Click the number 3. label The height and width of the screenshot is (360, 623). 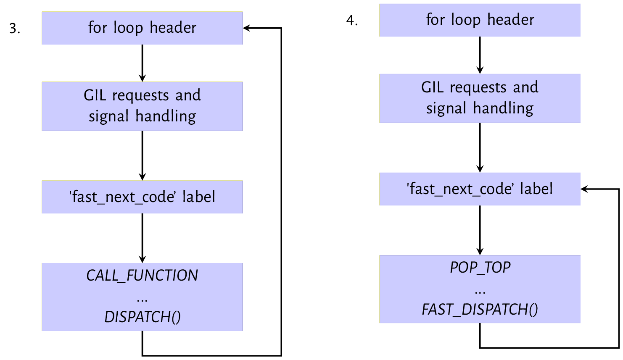[15, 29]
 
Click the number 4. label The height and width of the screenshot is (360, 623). [352, 20]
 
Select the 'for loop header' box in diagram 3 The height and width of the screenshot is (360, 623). [142, 28]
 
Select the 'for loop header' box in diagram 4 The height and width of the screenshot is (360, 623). [480, 20]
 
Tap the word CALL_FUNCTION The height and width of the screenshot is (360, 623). [142, 276]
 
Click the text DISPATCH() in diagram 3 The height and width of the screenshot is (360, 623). [142, 317]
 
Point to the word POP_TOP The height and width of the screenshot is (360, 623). [480, 268]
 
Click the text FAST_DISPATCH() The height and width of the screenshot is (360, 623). [480, 310]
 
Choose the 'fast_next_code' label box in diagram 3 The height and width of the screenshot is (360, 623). [142, 197]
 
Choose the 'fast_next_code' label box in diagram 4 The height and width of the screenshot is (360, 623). [480, 189]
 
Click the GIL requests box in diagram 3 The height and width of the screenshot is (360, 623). [142, 106]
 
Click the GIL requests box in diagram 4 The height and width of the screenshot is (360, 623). [480, 98]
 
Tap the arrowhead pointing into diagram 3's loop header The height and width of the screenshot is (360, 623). [247, 28]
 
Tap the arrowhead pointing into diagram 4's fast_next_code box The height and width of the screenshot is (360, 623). [584, 189]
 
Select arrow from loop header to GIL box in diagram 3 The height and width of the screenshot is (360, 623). [142, 63]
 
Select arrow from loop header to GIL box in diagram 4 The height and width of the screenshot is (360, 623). [480, 55]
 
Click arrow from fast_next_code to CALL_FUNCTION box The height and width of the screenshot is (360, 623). [142, 238]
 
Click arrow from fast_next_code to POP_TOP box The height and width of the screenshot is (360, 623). [480, 230]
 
